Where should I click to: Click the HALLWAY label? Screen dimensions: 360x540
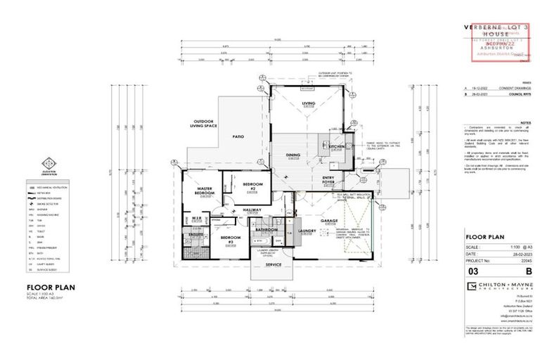pyautogui.click(x=252, y=210)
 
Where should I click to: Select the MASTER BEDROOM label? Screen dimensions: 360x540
pyautogui.click(x=205, y=191)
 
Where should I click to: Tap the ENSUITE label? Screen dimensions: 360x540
pyautogui.click(x=195, y=236)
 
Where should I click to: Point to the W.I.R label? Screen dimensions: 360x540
pyautogui.click(x=197, y=218)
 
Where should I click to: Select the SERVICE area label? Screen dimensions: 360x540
pyautogui.click(x=274, y=264)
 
